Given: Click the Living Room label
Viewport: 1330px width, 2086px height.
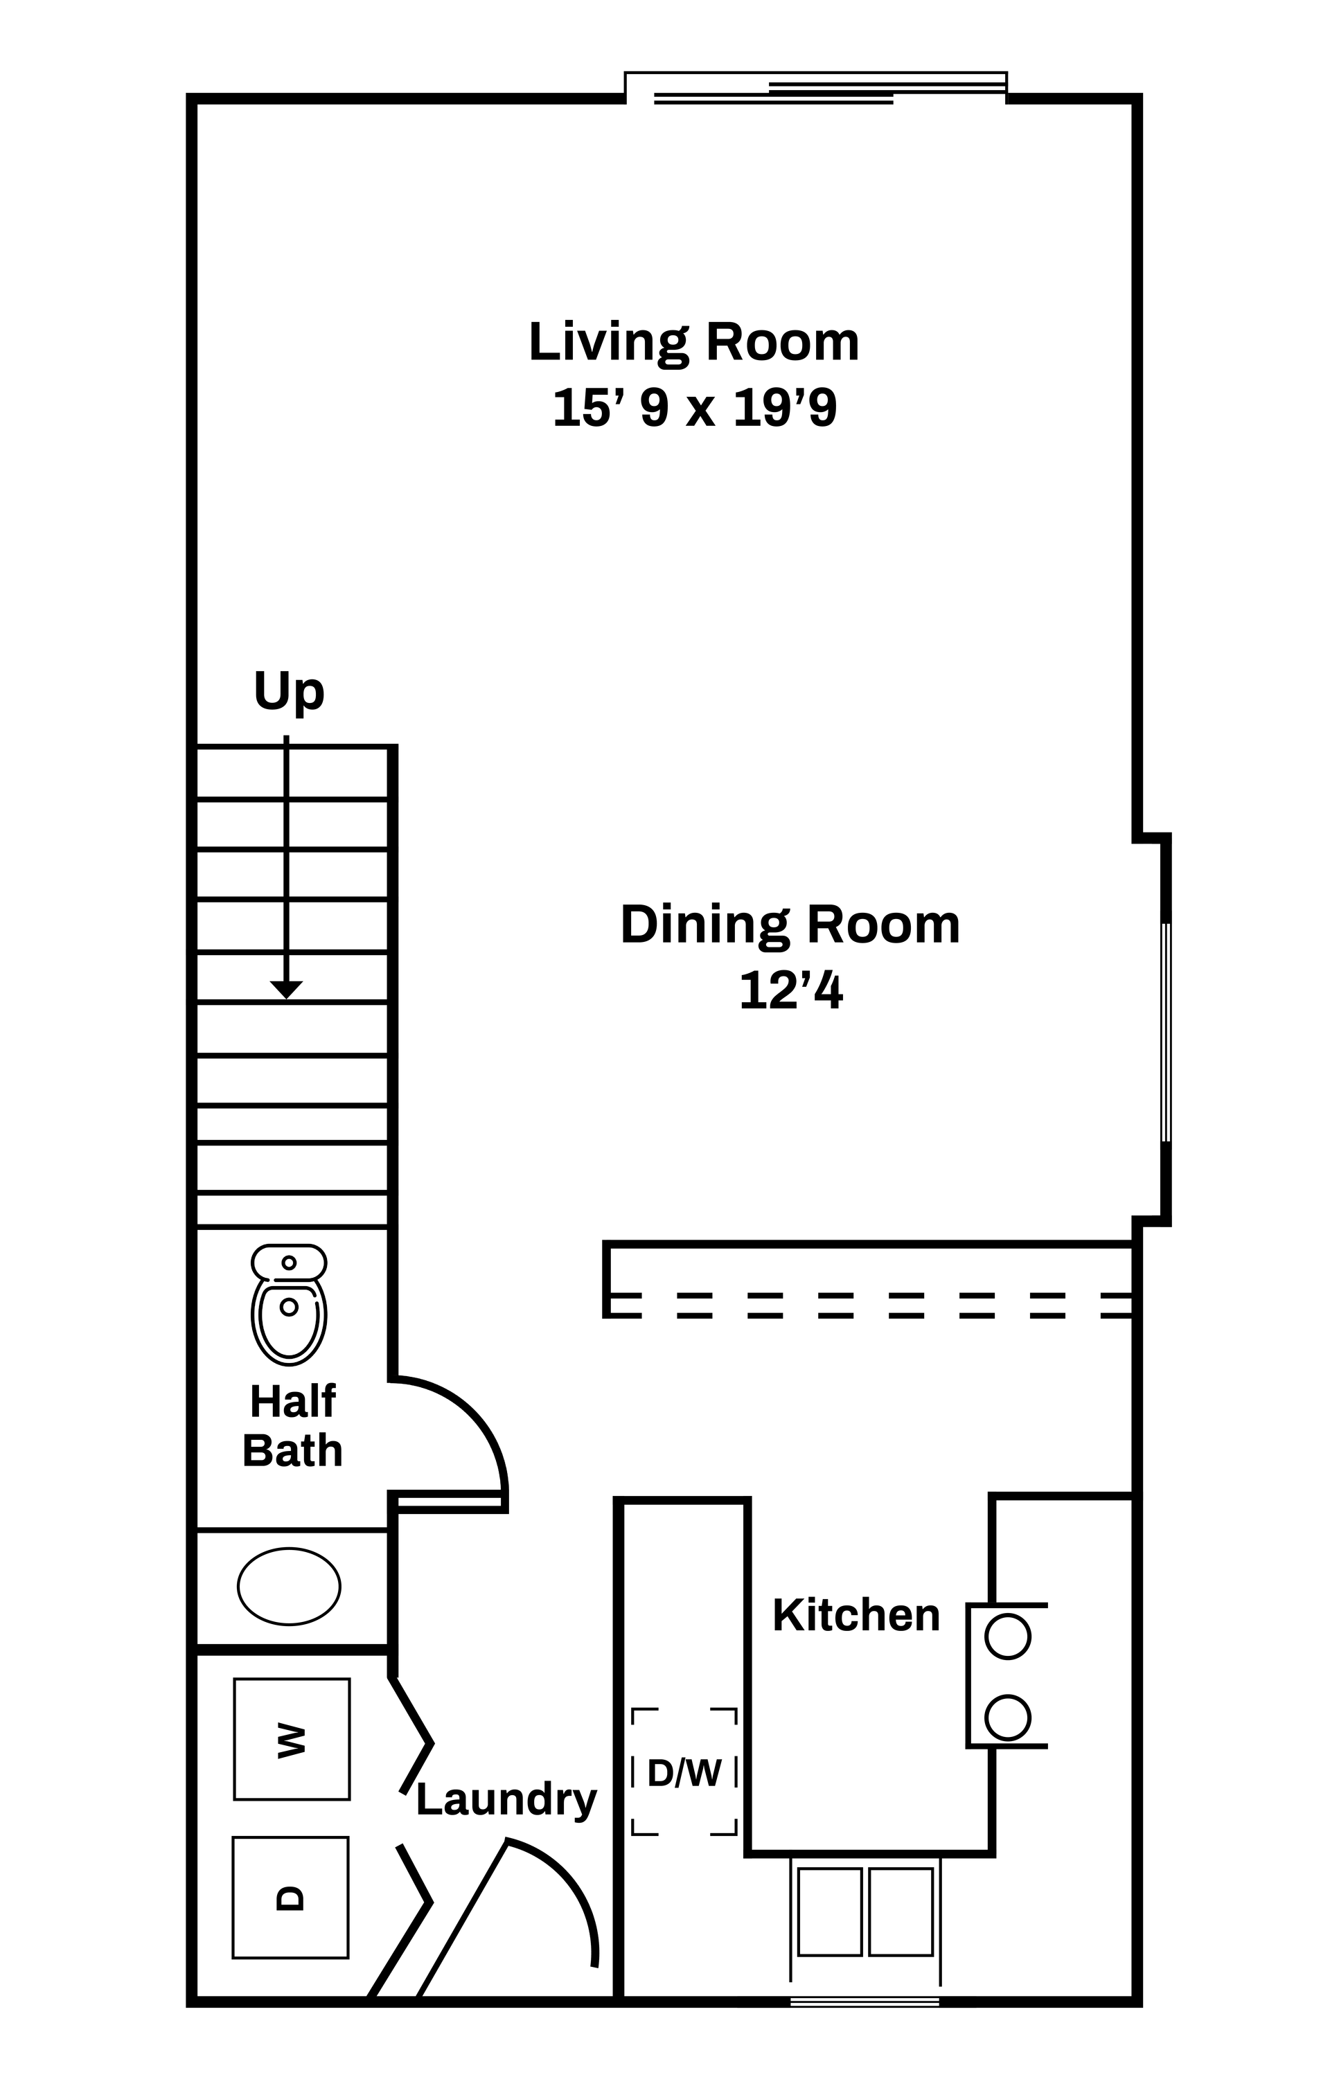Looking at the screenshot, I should coord(693,342).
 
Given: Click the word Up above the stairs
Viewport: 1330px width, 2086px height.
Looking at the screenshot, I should coord(289,692).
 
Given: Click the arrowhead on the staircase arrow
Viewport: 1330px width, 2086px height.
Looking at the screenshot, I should coord(286,989).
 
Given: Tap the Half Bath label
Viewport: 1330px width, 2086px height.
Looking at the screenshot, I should coord(292,1426).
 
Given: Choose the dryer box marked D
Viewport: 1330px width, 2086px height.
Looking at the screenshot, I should coord(290,1897).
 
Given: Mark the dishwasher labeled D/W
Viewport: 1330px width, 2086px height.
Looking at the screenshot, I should coord(684,1772).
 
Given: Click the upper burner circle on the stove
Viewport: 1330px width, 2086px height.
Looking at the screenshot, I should coord(1008,1637).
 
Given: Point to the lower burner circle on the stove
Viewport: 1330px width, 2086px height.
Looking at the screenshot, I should coord(1008,1717).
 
